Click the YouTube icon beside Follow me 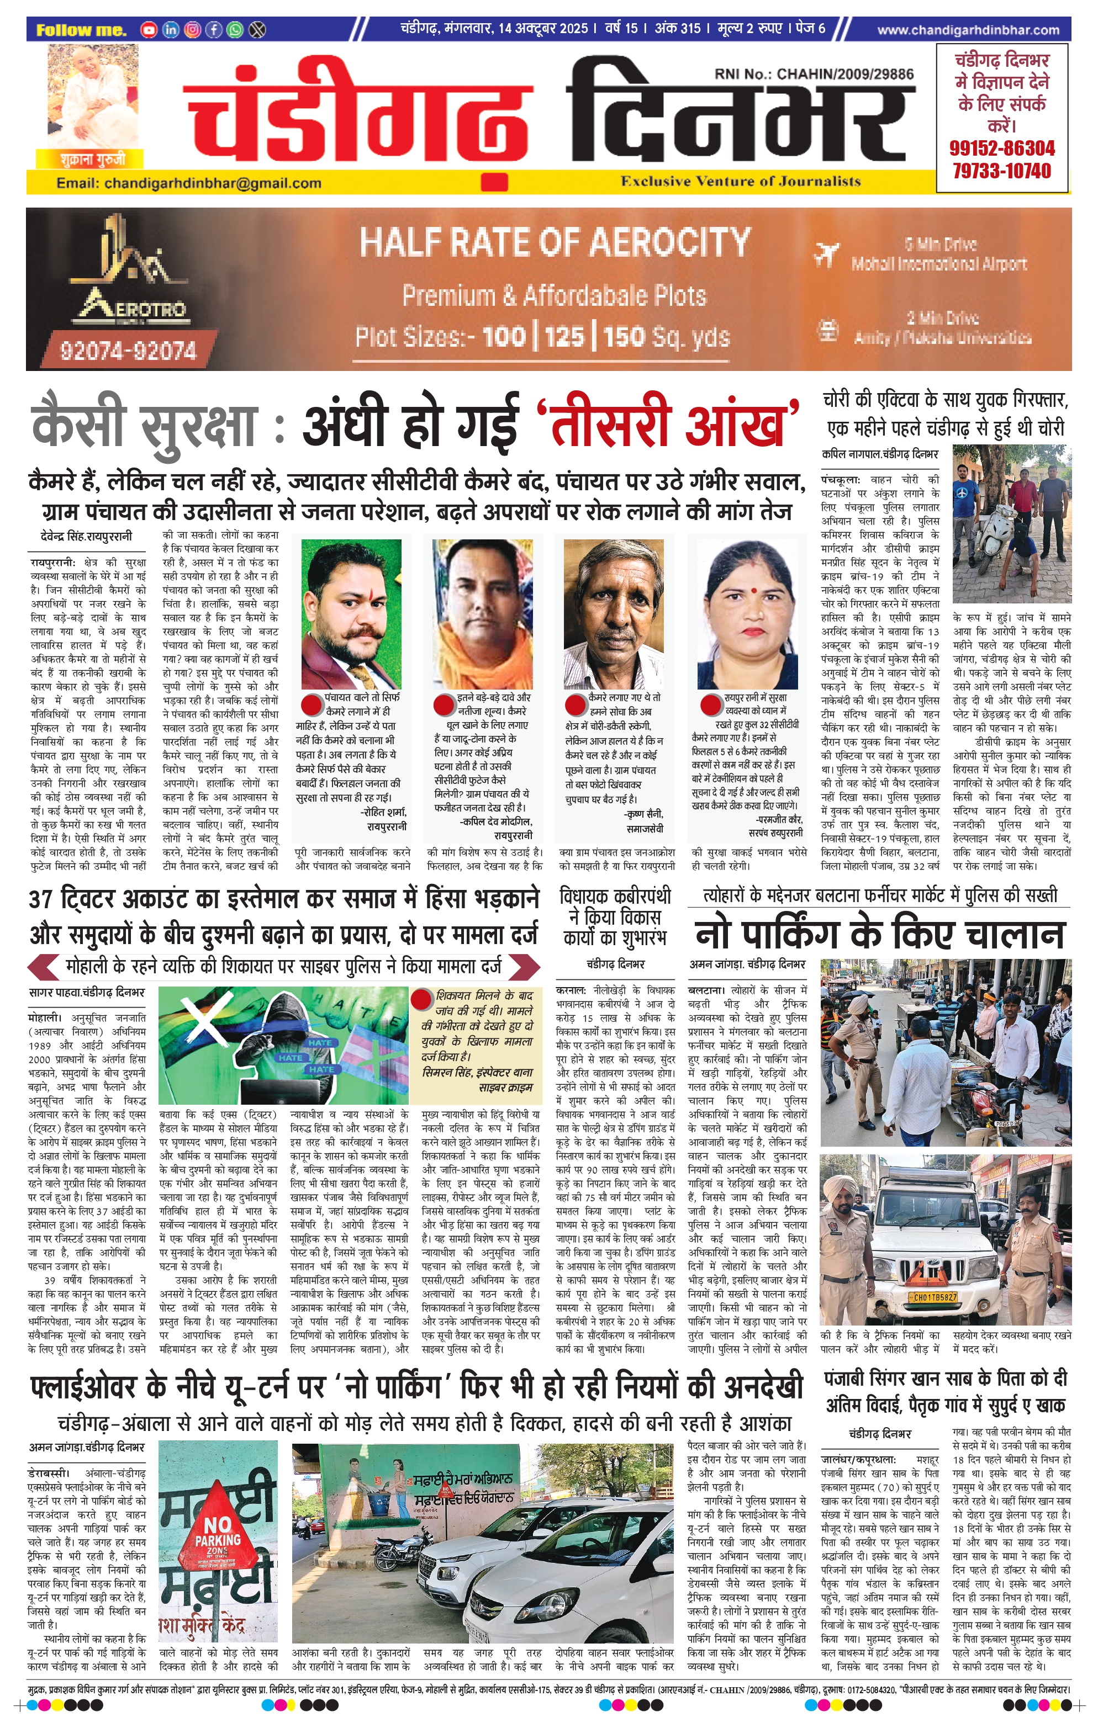pyautogui.click(x=149, y=29)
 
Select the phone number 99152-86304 pyautogui.click(x=1002, y=149)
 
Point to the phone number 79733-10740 pyautogui.click(x=1002, y=171)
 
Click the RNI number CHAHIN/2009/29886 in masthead pyautogui.click(x=814, y=74)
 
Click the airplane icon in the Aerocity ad pyautogui.click(x=827, y=253)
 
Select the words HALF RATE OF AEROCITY pyautogui.click(x=555, y=242)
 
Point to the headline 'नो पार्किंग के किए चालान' pyautogui.click(x=879, y=935)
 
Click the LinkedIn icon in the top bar pyautogui.click(x=171, y=29)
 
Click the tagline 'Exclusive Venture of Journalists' pyautogui.click(x=741, y=181)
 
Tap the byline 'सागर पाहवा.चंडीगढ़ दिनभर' pyautogui.click(x=86, y=993)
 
